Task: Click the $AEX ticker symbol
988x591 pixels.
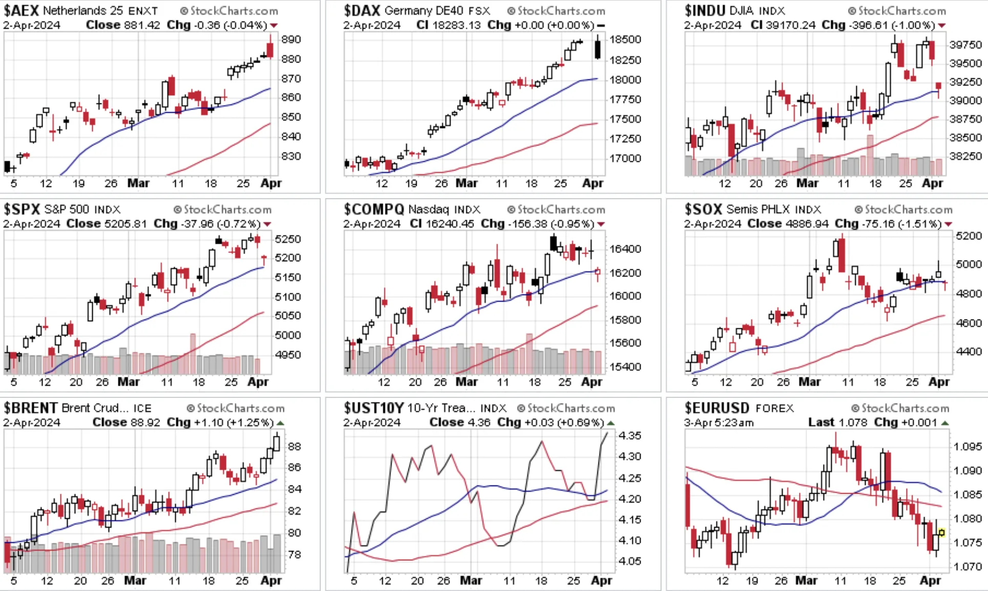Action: point(21,10)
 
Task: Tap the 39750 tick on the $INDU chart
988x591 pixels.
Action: point(965,45)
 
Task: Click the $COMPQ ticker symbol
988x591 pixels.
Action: point(374,209)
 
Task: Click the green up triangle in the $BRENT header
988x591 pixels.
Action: point(280,423)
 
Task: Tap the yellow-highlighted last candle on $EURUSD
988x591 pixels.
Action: point(941,533)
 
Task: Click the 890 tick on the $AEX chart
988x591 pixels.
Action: point(291,39)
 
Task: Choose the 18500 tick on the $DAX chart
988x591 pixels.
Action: point(625,39)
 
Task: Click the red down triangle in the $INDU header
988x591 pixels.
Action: point(942,26)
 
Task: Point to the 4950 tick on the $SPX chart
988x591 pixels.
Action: point(288,354)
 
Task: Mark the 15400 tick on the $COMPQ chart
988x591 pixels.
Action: point(625,367)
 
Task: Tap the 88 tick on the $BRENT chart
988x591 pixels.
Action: point(295,446)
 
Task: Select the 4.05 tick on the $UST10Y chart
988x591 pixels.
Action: point(630,561)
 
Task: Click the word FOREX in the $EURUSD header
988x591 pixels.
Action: point(775,408)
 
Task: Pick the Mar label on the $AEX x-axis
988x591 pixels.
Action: point(138,183)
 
